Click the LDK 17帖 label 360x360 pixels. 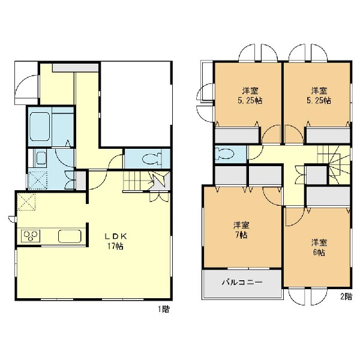coord(115,241)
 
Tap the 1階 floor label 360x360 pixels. coord(163,309)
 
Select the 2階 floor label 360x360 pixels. coord(346,296)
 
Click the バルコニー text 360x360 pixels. coord(242,282)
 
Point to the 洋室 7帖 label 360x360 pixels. coord(241,230)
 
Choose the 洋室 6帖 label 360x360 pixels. coord(319,247)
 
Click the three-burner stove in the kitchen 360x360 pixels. coord(31,236)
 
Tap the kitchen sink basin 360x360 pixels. coord(70,236)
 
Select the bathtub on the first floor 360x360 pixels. coord(40,126)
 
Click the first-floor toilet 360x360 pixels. coord(152,159)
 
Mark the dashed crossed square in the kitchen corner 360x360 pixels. coord(27,202)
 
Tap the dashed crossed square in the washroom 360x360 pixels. coord(38,181)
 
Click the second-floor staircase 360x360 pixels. coord(334,163)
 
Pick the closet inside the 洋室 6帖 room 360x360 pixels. coord(328,197)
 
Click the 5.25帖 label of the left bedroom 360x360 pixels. coord(250,101)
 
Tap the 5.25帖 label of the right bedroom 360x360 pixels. coord(319,101)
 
